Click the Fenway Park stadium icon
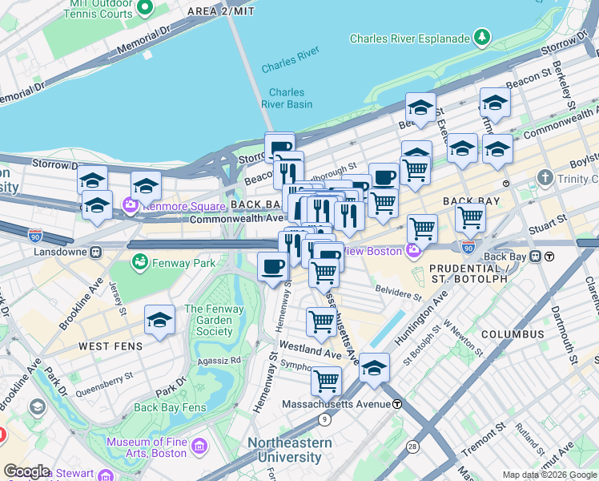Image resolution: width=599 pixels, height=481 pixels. (140, 261)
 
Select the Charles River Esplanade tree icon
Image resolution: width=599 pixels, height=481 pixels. (482, 37)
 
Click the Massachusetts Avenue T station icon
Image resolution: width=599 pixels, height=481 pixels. (397, 404)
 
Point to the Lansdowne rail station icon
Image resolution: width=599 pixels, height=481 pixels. (95, 251)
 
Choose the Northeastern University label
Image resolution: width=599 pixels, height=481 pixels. (289, 450)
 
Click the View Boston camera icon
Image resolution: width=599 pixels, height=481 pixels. (412, 250)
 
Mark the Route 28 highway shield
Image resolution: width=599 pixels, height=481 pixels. (411, 445)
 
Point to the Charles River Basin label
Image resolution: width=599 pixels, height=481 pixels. (287, 98)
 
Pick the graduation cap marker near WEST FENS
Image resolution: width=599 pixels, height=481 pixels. (159, 320)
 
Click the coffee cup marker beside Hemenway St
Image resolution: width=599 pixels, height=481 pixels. (273, 265)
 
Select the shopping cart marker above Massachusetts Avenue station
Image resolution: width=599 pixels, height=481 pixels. (326, 381)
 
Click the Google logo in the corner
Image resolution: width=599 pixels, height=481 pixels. (26, 471)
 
